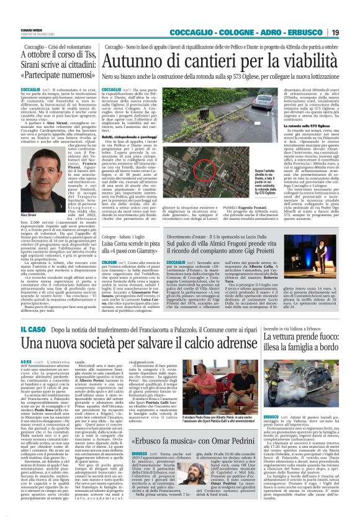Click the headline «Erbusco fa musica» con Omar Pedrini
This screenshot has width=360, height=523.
(181, 444)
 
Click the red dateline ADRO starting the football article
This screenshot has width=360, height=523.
(27, 361)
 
